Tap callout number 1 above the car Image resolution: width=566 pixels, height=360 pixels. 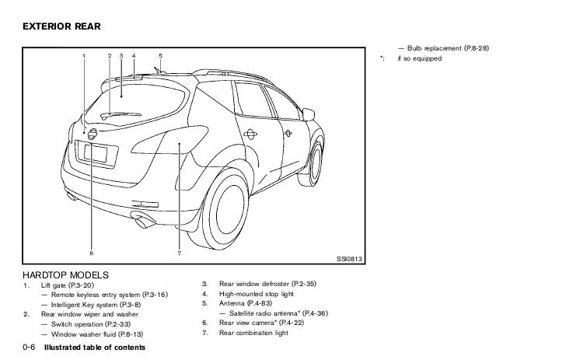(x=84, y=56)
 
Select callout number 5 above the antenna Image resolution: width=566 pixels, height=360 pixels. (x=160, y=56)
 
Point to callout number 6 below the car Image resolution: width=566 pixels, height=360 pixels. (x=91, y=253)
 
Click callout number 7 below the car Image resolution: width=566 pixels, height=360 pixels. (x=179, y=253)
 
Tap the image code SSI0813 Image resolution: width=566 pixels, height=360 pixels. (x=350, y=259)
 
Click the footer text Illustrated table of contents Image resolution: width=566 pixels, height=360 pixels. (x=95, y=346)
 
